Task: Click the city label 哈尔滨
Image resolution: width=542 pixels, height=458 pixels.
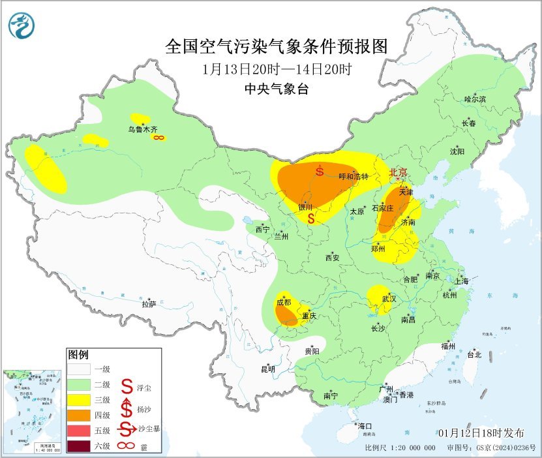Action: [x=475, y=99]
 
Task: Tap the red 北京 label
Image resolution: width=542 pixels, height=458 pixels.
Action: [x=398, y=172]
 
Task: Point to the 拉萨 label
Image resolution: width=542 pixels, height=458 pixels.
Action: [x=149, y=303]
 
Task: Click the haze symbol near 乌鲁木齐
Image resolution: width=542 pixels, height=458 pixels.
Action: [x=158, y=138]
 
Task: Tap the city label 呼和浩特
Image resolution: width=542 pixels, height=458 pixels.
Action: [x=355, y=177]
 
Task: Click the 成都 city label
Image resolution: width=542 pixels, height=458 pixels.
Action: [x=284, y=302]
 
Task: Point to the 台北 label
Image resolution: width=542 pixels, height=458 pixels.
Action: [x=474, y=355]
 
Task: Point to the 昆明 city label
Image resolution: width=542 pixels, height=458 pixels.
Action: [x=267, y=369]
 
